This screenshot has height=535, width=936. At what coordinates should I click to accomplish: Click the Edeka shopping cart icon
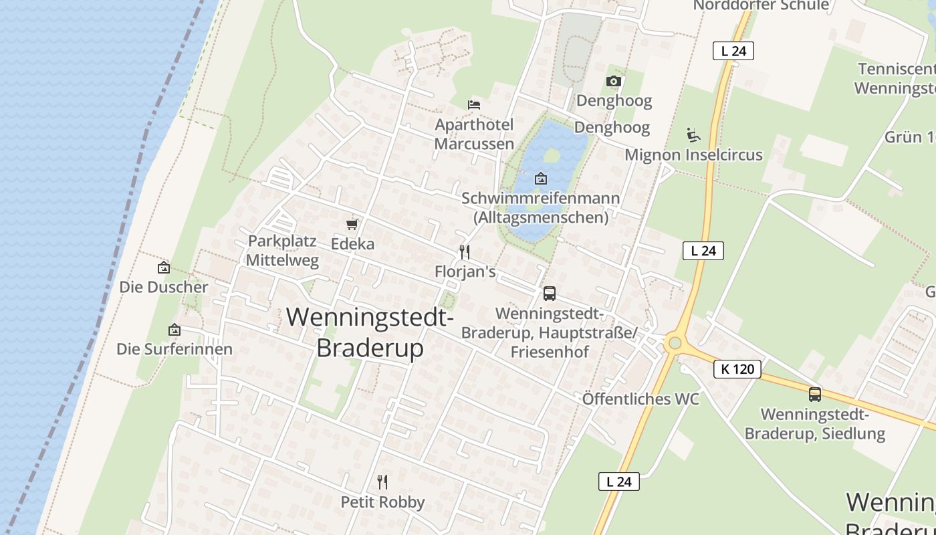tap(352, 224)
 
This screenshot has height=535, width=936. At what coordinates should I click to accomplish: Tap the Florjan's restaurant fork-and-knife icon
tap(465, 252)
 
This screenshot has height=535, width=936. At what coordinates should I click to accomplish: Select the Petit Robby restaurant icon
tap(382, 481)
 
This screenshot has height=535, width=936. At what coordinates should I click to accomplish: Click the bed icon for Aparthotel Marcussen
tap(474, 104)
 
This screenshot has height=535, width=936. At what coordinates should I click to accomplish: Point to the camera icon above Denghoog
tap(613, 81)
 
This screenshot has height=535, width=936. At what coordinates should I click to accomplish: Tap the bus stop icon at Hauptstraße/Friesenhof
tap(549, 293)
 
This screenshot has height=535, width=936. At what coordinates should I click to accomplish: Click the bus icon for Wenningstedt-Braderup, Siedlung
tap(814, 395)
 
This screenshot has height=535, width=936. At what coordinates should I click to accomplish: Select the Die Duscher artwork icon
tap(164, 267)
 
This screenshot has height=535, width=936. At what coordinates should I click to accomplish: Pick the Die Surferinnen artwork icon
tap(174, 330)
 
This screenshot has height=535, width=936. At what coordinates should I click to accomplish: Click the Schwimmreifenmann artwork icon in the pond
tap(540, 179)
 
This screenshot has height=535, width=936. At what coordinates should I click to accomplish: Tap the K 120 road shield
tap(737, 368)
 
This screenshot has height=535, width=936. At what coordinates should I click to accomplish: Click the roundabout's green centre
tap(674, 344)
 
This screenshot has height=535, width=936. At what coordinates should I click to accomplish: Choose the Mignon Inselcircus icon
tap(693, 135)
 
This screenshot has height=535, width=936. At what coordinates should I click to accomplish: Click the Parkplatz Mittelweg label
tap(282, 251)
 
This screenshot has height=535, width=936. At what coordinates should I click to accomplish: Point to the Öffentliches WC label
tap(640, 399)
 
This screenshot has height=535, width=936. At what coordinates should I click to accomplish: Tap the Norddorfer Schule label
tap(761, 6)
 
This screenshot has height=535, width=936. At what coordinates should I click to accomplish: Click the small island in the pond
tap(552, 156)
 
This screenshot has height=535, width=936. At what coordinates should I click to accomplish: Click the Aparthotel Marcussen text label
tap(474, 134)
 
